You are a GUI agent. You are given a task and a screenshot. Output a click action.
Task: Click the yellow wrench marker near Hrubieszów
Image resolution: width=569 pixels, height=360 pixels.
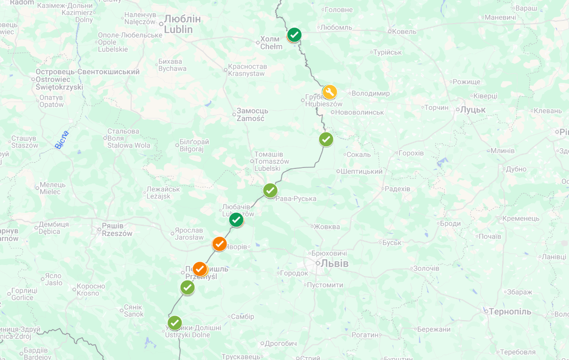(x=330, y=92)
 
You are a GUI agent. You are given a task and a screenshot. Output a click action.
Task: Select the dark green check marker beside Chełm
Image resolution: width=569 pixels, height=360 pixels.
(x=294, y=35)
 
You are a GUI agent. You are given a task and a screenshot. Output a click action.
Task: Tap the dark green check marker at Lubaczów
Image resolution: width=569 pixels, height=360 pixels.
(x=236, y=220)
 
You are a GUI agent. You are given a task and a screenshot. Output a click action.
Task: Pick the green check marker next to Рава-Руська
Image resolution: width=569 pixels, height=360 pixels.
(x=270, y=191)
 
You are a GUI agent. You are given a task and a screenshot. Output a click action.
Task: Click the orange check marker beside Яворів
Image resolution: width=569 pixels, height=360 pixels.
(x=219, y=244)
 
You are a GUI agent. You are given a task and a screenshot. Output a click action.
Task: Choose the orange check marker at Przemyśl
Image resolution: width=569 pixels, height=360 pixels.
(x=200, y=269)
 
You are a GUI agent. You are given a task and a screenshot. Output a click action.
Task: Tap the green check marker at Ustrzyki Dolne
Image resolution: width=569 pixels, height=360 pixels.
(x=175, y=323)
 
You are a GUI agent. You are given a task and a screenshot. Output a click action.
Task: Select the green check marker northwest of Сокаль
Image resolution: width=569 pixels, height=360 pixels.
(x=326, y=140)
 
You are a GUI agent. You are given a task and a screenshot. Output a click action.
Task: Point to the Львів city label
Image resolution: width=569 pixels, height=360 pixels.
(x=334, y=263)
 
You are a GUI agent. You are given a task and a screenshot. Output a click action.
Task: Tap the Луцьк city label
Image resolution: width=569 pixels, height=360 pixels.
(x=473, y=110)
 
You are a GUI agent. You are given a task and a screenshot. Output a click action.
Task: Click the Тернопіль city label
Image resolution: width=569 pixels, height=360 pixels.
(x=510, y=312)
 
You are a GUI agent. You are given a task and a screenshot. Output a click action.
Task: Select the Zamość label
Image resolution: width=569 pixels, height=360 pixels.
(x=252, y=114)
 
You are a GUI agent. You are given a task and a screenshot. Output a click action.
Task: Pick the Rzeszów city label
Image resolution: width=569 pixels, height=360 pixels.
(x=117, y=229)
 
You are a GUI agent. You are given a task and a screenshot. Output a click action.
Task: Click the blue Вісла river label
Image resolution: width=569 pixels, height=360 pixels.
(x=62, y=140)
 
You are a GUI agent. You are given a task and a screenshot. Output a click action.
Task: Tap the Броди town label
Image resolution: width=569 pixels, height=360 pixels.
(x=450, y=224)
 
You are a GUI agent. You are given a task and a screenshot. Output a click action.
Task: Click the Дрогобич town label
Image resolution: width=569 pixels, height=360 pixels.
(x=280, y=343)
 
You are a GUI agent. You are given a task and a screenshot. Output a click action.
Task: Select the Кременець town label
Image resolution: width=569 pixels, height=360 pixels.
(x=520, y=219)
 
